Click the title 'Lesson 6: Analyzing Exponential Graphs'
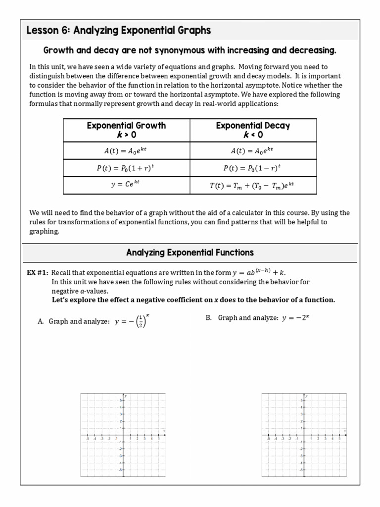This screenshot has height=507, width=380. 119,31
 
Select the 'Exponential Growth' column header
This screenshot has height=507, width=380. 126,130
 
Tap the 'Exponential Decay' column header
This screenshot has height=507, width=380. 253,130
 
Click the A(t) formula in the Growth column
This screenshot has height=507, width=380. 126,151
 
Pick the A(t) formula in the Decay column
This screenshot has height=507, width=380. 253,151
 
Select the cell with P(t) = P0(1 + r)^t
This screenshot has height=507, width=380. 126,168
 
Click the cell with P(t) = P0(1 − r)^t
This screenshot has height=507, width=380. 253,168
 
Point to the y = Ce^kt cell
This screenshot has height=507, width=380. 126,185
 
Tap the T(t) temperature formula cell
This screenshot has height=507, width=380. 253,186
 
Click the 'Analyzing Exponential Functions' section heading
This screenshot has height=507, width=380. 190,253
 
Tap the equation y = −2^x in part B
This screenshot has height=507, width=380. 295,318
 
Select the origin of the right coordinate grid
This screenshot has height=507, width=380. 304,435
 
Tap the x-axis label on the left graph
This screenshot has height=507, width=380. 164,431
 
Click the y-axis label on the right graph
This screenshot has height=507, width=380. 307,396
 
